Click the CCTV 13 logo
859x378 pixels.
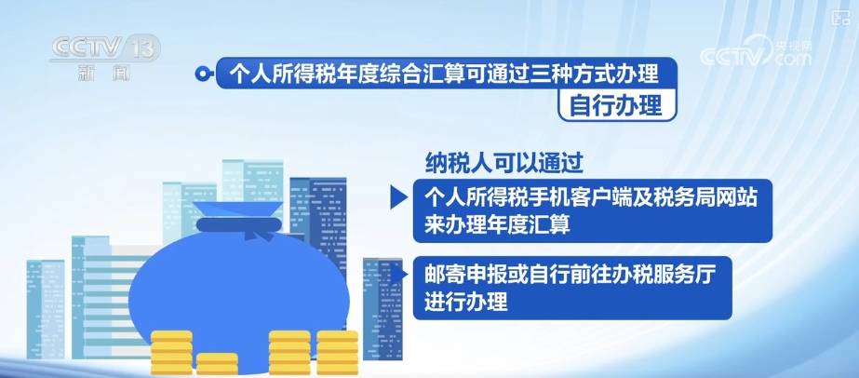click(x=105, y=48)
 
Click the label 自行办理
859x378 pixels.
click(x=617, y=105)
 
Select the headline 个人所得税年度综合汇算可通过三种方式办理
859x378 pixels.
click(x=444, y=73)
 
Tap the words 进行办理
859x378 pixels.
click(x=466, y=302)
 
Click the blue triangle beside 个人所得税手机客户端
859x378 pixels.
click(x=398, y=197)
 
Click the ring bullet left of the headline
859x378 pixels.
click(x=203, y=74)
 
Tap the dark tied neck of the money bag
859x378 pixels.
click(x=239, y=224)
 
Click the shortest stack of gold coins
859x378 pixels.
click(x=217, y=364)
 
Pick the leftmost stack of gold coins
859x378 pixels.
click(x=171, y=353)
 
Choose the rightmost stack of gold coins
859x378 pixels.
click(x=338, y=353)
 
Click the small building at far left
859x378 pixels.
click(x=46, y=309)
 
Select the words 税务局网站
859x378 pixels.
click(x=705, y=198)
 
